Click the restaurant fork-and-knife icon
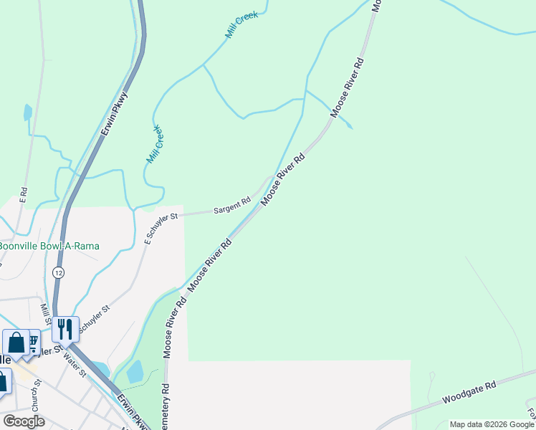pyautogui.click(x=64, y=329)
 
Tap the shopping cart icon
pyautogui.click(x=33, y=338)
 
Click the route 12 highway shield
pyautogui.click(x=58, y=272)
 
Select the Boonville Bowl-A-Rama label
pyautogui.click(x=49, y=246)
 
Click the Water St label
pyautogui.click(x=74, y=363)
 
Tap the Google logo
pyautogui.click(x=23, y=421)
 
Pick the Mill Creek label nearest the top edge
pyautogui.click(x=241, y=25)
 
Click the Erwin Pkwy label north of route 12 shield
pyautogui.click(x=115, y=113)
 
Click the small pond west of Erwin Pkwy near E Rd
pyautogui.click(x=27, y=112)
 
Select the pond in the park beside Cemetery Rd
pyautogui.click(x=135, y=372)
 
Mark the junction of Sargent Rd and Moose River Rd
pyautogui.click(x=269, y=178)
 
